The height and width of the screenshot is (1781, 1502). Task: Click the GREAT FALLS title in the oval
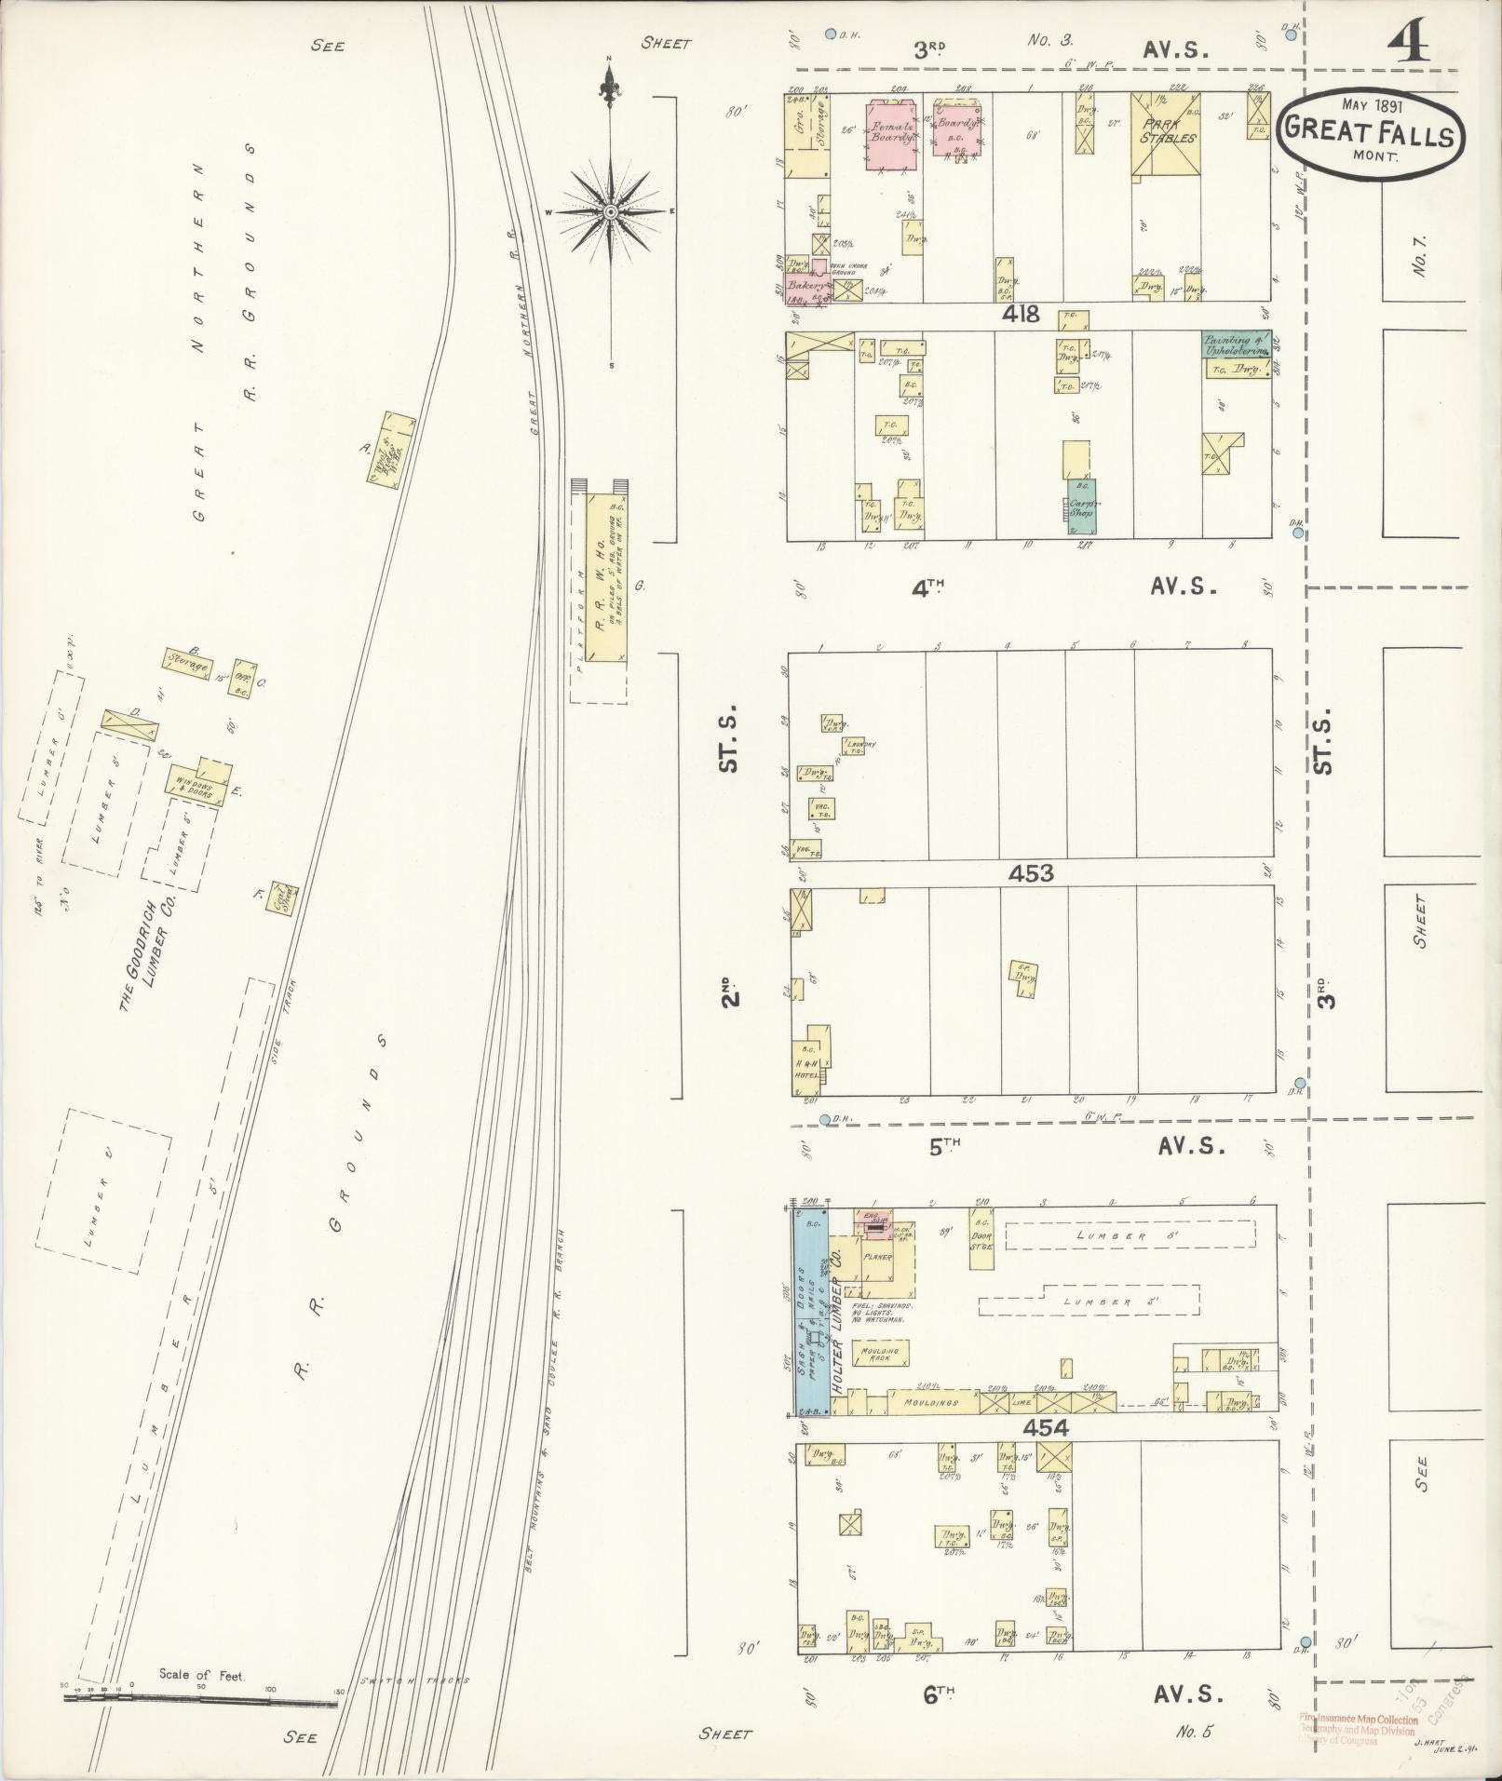pos(1368,136)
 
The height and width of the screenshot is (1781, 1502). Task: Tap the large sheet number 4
pos(1409,42)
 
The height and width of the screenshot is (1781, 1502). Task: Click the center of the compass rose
pos(610,212)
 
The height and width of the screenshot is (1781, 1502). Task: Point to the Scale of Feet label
pos(200,1675)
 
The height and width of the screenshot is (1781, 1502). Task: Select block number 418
pos(1021,315)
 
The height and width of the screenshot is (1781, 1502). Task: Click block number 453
pos(1031,872)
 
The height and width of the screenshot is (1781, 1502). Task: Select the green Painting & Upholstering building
pos(1236,344)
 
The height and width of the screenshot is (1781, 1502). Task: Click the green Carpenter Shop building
pos(1081,505)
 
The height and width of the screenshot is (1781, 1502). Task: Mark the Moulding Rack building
pos(880,1353)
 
